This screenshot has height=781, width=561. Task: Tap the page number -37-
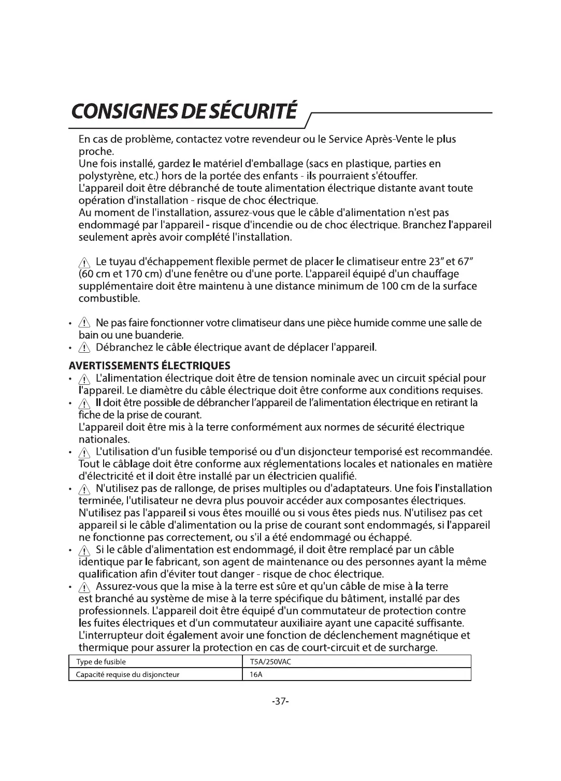(280, 701)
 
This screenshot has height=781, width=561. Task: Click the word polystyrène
(103, 176)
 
